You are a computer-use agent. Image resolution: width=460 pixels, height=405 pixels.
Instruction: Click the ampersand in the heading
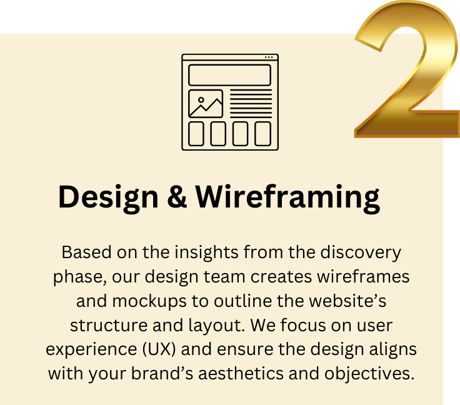(177, 197)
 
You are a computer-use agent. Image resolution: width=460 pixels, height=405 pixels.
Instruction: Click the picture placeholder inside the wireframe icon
(206, 104)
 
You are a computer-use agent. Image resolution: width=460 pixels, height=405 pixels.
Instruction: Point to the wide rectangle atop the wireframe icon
(229, 75)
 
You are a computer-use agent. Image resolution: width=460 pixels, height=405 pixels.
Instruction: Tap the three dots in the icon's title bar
(268, 57)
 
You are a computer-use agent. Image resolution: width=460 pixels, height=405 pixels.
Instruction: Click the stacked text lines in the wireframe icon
(251, 104)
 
